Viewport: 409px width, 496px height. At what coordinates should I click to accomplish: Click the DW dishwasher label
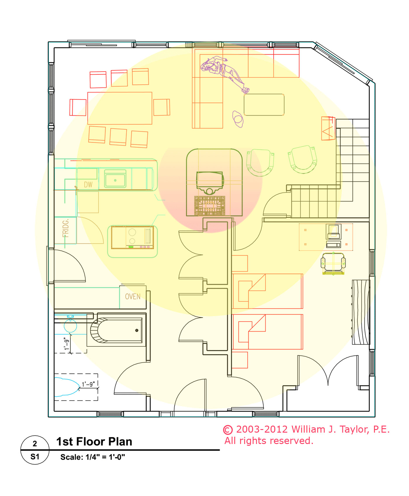pos(88,185)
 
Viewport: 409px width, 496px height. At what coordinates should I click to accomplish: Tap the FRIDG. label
pos(66,228)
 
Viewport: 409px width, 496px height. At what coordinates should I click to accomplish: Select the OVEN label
pos(133,296)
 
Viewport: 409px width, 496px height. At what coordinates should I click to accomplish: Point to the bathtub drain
pos(137,330)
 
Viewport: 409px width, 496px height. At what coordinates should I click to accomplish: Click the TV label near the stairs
pos(328,128)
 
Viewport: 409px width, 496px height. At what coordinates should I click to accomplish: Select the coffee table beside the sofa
pos(264,105)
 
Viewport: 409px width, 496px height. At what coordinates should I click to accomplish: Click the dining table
pos(120,108)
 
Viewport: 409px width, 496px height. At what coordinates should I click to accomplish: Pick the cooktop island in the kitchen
pos(133,241)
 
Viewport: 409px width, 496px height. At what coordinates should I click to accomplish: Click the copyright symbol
pos(228,430)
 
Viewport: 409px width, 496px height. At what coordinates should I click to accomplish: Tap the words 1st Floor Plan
pos(94,442)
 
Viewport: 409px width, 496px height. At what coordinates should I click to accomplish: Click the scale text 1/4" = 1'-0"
pos(105,457)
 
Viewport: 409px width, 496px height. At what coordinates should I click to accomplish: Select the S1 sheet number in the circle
pos(35,457)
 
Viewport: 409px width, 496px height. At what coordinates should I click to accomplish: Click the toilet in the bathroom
pos(67,387)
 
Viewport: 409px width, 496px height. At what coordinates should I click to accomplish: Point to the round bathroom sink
pos(70,326)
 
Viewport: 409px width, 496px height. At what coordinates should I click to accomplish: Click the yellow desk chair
pos(333,263)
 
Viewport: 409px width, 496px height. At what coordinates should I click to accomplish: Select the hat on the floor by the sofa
pos(238,119)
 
